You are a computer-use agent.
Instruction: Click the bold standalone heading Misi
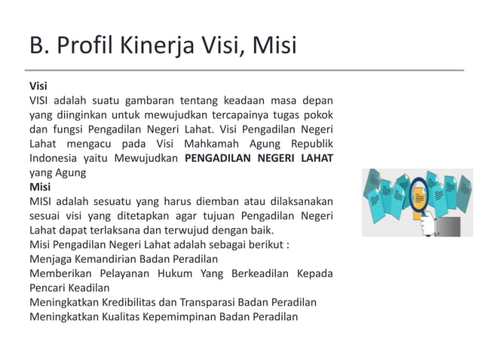pos(40,186)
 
